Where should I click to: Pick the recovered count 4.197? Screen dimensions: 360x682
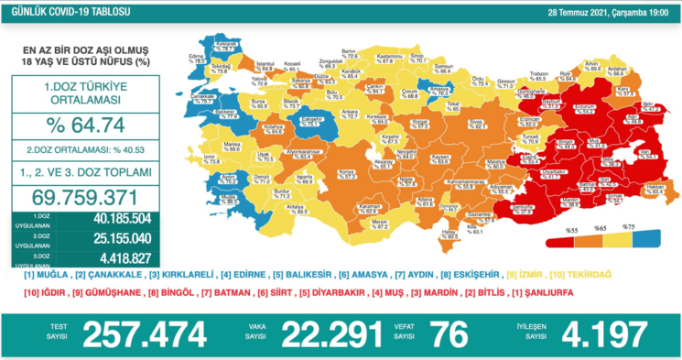(603, 335)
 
